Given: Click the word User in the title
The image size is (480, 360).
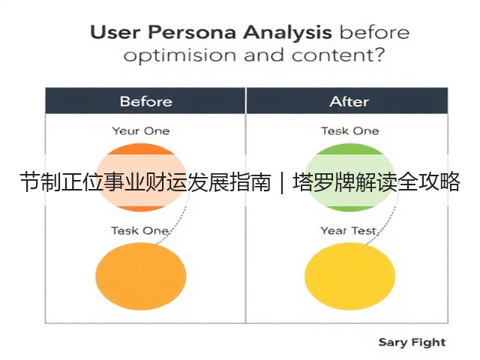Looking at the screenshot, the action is tap(115, 32).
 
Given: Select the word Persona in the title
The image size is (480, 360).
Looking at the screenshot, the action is tap(192, 32).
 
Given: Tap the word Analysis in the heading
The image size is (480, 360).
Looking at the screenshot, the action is tap(287, 33).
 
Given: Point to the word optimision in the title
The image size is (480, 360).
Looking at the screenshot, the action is tap(180, 55).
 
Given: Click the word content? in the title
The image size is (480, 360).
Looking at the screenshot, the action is tap(337, 55).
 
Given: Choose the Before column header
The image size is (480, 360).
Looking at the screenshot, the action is tap(146, 102).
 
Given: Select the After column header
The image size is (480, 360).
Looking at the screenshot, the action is tap(349, 102).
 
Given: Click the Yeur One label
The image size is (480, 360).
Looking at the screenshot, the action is tap(141, 131).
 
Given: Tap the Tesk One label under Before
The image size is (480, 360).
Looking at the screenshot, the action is tap(139, 230).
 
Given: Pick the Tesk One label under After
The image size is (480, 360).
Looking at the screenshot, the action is tap(350, 131).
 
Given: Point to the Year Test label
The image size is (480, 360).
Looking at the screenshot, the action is tap(348, 230).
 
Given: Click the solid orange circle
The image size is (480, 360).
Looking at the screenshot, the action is tap(141, 276).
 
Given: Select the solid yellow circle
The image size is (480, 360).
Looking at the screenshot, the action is tap(350, 276).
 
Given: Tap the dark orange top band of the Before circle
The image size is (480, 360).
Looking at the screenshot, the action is tap(141, 149).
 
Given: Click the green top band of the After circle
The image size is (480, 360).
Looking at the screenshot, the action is tap(350, 149).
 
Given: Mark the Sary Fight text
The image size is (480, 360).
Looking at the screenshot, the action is tap(412, 343).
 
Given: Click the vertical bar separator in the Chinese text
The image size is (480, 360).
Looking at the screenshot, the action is tap(282, 182).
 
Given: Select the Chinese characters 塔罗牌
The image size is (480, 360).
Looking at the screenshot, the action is tap(323, 182).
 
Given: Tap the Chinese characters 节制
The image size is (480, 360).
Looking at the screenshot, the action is tap(40, 182).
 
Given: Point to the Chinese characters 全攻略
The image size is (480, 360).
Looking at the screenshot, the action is tap(428, 182).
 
